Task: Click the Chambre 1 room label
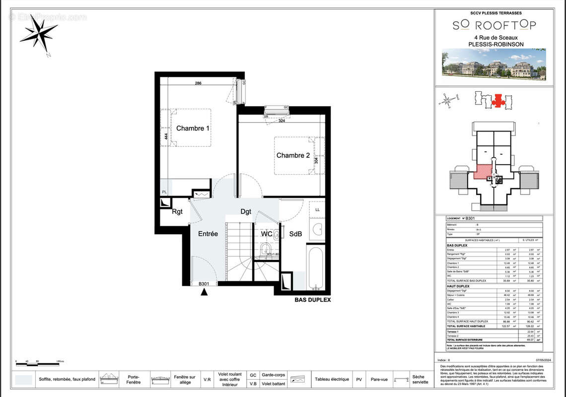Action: [x=193, y=128]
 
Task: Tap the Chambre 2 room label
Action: [x=293, y=155]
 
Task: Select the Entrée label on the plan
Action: [x=208, y=234]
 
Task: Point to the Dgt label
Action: [x=246, y=211]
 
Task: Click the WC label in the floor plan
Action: [x=266, y=234]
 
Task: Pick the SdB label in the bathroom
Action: [x=296, y=234]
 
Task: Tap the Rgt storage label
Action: [x=177, y=211]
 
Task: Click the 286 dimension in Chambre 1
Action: [x=198, y=83]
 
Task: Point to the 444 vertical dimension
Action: [x=165, y=136]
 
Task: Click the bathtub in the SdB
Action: [x=315, y=269]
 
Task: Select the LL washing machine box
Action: [x=317, y=210]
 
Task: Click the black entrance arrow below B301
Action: [x=204, y=292]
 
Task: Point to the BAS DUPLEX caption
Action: [x=313, y=300]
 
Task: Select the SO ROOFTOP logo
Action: [x=487, y=25]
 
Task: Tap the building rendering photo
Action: [x=494, y=64]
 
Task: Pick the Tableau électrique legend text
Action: [x=332, y=379]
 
